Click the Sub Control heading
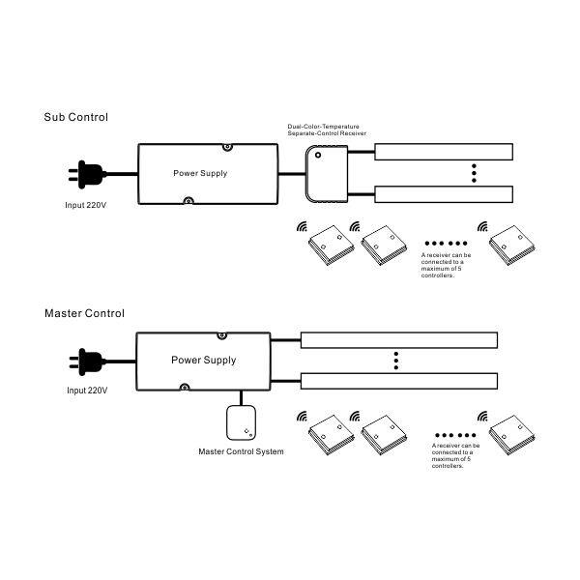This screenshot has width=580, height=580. [75, 117]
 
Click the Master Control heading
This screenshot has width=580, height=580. [84, 313]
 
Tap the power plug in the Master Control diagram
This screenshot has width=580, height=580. [88, 362]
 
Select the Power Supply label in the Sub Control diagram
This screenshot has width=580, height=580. [200, 173]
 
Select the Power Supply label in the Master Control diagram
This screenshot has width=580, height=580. [203, 361]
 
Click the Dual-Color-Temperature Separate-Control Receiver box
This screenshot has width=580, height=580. [327, 174]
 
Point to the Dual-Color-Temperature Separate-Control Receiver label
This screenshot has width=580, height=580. [327, 130]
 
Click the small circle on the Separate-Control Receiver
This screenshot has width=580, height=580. [318, 155]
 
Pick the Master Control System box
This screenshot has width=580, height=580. [241, 422]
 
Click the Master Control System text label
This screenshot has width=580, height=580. [241, 451]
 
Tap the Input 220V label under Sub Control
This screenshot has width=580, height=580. [86, 205]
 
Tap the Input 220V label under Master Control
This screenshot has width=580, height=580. [87, 391]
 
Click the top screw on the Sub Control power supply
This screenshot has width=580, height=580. [227, 147]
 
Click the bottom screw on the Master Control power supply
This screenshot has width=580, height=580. [185, 387]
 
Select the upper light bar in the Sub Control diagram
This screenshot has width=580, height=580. [444, 152]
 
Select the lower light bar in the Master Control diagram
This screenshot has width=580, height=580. [399, 381]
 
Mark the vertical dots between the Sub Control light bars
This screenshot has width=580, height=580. [474, 173]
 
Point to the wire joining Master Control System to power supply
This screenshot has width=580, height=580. [241, 398]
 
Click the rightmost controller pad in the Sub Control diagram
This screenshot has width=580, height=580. [512, 246]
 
